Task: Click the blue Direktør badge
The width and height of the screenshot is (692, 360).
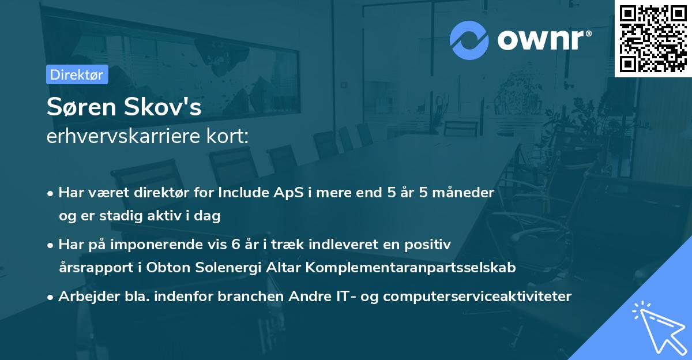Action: [x=77, y=75]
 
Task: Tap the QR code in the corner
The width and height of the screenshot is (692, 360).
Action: [x=653, y=38]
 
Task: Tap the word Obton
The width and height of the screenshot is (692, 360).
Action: [x=168, y=268]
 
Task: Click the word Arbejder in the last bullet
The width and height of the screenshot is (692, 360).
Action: [x=83, y=297]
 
